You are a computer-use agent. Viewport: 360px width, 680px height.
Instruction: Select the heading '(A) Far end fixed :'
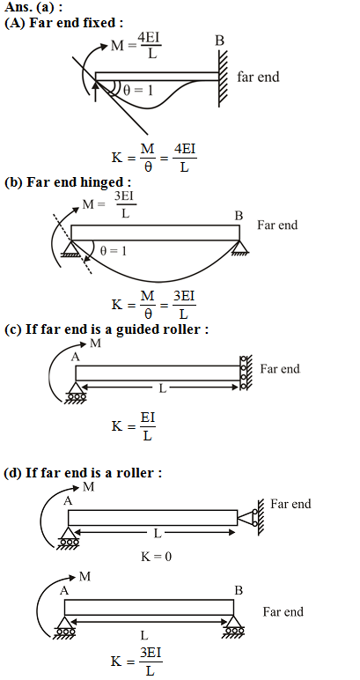61,23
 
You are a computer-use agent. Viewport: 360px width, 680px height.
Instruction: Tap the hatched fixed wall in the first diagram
223,78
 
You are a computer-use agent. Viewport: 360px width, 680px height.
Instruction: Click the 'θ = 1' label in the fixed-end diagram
138,91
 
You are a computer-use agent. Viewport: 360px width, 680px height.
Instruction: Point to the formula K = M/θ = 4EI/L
154,158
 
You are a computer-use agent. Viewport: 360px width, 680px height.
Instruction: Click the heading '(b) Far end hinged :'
68,182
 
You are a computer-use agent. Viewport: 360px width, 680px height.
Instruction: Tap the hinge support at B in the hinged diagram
239,248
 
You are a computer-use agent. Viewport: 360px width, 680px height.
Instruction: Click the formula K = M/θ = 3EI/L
154,305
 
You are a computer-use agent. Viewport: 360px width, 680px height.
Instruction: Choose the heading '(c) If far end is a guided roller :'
107,329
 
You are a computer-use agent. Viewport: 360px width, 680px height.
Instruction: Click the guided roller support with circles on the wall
245,373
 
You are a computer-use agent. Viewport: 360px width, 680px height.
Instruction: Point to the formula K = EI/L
134,426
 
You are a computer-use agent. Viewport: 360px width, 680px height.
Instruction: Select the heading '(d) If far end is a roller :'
83,472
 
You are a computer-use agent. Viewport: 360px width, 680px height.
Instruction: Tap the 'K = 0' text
156,556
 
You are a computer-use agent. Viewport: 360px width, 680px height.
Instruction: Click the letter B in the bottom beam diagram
239,590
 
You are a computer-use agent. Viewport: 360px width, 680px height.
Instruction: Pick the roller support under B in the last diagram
234,626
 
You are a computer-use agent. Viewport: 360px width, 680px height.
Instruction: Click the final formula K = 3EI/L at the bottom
137,662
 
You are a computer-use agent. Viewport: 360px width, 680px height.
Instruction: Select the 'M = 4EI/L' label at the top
136,46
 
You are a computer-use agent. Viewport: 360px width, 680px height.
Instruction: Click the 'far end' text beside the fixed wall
258,77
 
